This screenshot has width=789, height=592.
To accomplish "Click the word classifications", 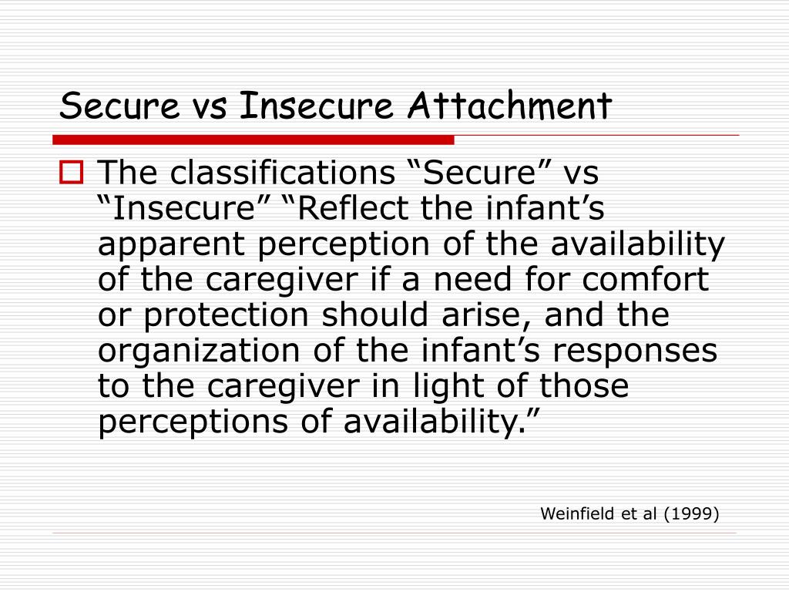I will (281, 173).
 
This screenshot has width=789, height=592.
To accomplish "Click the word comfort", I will (644, 280).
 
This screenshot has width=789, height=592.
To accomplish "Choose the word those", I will (586, 386).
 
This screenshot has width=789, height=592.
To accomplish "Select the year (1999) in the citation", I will (690, 513).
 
